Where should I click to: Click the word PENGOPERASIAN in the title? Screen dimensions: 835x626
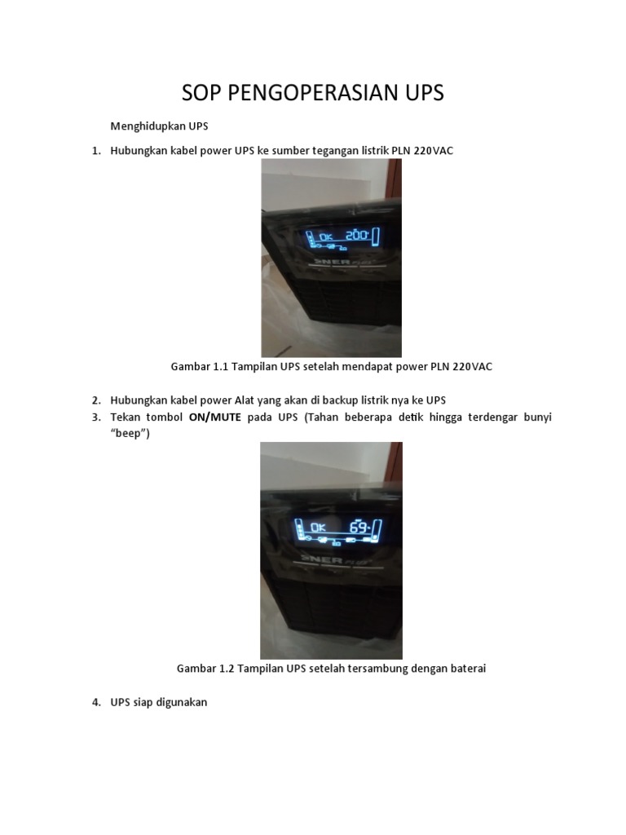[306, 93]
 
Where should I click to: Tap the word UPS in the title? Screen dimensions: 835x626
[419, 93]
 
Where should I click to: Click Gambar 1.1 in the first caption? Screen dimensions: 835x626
[199, 367]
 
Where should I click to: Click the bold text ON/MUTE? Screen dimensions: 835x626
[215, 417]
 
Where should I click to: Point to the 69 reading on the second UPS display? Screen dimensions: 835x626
[359, 526]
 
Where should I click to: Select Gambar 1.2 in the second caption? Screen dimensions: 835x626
[205, 669]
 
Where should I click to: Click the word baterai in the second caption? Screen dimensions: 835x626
[465, 669]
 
